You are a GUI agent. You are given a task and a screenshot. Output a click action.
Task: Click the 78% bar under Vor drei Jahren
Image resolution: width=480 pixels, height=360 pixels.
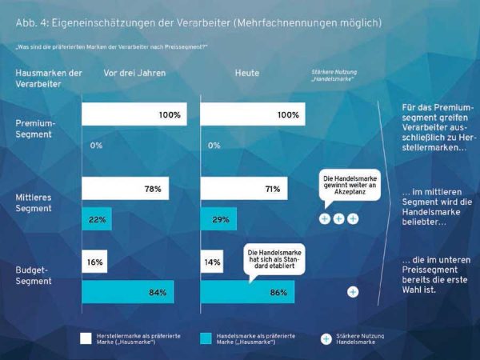coord(132,189)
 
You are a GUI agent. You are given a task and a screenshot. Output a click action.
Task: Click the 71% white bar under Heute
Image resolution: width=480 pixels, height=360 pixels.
coord(241,189)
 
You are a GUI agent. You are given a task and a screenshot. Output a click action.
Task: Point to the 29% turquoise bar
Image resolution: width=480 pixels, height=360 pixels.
coord(217,219)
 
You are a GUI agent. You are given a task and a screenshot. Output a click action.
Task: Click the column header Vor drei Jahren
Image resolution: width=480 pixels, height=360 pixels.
coord(134,73)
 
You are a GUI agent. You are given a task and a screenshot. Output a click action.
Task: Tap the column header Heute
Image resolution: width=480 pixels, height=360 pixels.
coord(246,73)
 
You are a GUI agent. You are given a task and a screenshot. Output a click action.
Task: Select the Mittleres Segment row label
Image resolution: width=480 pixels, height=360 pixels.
coord(34,203)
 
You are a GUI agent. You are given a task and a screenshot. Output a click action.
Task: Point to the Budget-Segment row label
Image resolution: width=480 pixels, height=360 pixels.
coord(34,276)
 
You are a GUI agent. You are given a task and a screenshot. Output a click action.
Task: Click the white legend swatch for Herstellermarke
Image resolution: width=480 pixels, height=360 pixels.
coord(86,337)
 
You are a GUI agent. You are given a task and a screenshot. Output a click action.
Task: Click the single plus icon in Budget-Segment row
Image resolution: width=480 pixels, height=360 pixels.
coord(353,292)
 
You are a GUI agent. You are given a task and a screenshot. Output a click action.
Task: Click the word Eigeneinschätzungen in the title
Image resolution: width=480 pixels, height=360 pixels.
coord(93,23)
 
